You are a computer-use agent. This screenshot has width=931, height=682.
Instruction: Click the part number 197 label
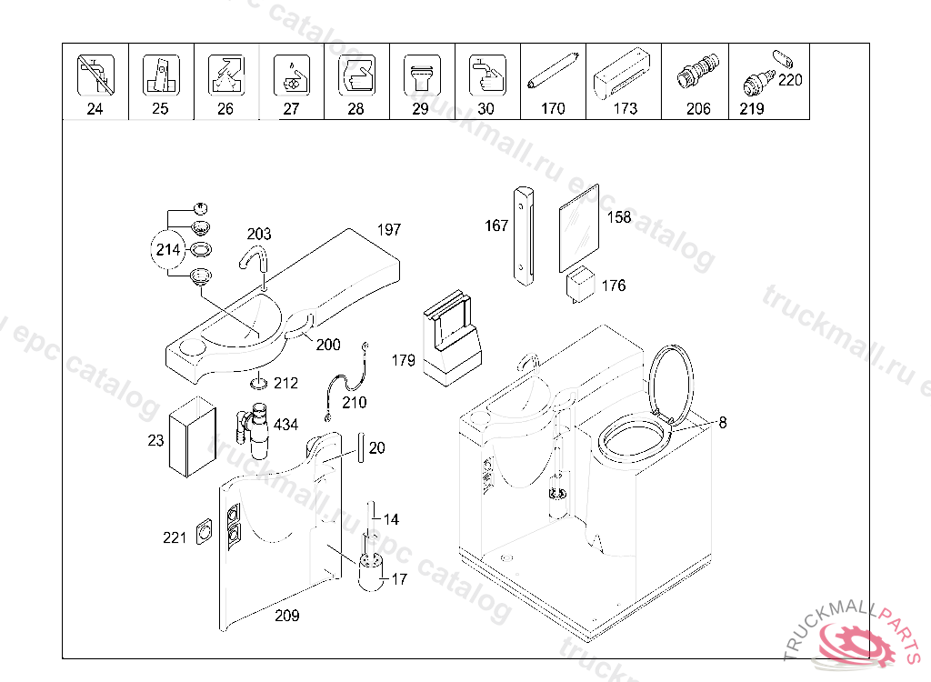(x=388, y=230)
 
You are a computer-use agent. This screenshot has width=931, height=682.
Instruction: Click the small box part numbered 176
(x=580, y=283)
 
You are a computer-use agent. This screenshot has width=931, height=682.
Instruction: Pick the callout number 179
(x=404, y=361)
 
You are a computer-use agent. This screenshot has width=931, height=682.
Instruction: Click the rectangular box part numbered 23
(x=193, y=437)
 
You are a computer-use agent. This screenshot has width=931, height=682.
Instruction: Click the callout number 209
(x=287, y=616)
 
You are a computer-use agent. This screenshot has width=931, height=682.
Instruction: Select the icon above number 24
(x=95, y=75)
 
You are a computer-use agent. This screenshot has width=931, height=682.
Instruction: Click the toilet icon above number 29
(x=421, y=75)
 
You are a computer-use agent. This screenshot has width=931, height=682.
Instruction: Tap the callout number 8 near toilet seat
(x=722, y=422)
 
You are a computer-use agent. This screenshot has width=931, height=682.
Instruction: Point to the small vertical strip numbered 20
(x=361, y=446)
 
